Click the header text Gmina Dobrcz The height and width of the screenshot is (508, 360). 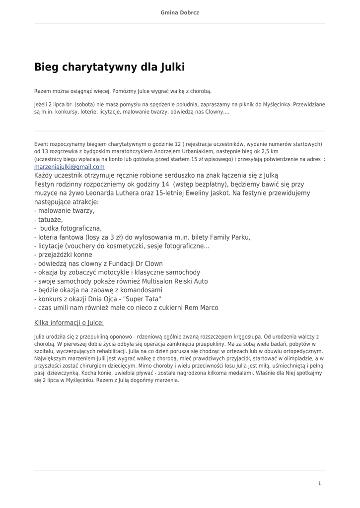click(180, 12)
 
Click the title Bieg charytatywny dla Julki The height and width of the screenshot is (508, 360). click(109, 67)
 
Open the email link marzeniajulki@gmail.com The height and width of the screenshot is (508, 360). click(69, 167)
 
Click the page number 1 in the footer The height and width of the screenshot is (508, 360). click(319, 483)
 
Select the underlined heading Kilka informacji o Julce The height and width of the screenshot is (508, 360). click(69, 322)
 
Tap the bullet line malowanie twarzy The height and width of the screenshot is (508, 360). click(65, 210)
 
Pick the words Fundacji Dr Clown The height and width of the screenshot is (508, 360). click(134, 264)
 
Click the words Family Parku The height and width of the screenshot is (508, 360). click(230, 237)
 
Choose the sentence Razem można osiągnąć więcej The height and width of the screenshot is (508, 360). click(72, 91)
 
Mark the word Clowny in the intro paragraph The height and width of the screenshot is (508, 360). click(214, 112)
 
